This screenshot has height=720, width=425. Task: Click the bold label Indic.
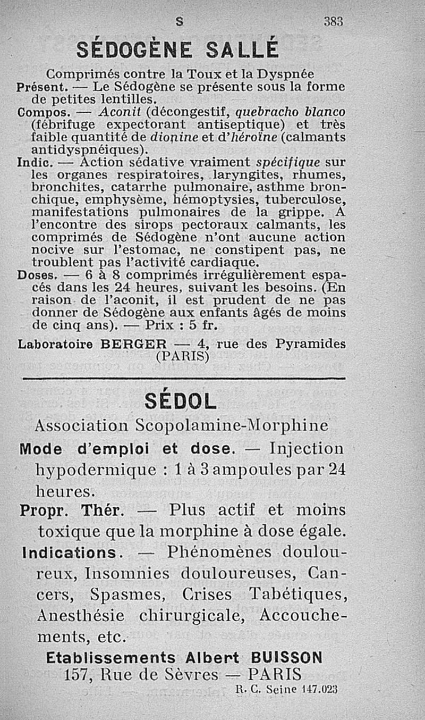pyautogui.click(x=33, y=162)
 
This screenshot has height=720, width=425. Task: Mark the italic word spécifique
pyautogui.click(x=287, y=162)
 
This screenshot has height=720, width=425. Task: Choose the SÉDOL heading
pyautogui.click(x=181, y=401)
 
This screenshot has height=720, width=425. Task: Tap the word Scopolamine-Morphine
pyautogui.click(x=232, y=426)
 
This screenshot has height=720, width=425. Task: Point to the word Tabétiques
pyautogui.click(x=297, y=593)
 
